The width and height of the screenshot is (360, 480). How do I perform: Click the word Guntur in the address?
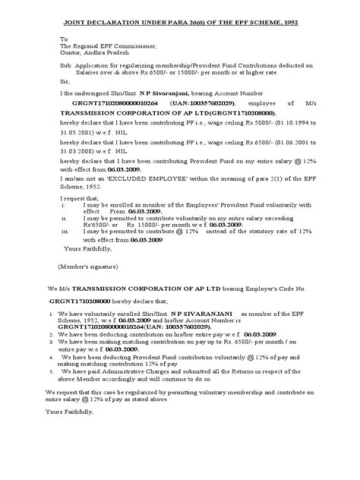click(69, 52)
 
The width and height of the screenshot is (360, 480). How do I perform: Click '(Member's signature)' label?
click(87, 266)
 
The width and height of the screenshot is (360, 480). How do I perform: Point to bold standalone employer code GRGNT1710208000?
click(80, 302)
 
